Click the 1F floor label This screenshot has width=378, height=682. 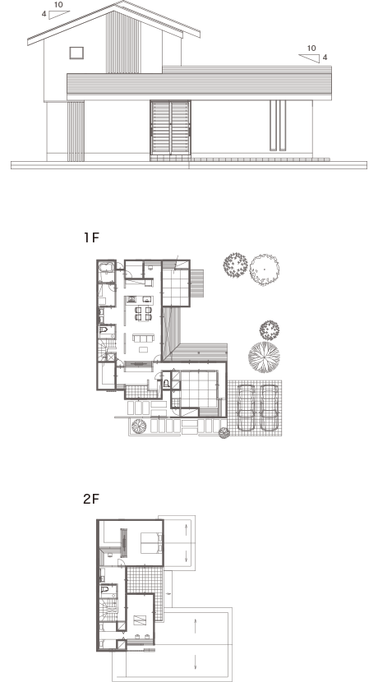91,237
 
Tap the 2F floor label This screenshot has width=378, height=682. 91,499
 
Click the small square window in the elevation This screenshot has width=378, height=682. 76,53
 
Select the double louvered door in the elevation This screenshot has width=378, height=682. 171,128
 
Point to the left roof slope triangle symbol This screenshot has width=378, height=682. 58,15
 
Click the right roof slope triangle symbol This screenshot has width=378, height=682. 309,58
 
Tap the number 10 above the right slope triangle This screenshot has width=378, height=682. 311,48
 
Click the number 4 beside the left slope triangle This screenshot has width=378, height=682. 44,14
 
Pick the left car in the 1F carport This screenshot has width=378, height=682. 247,408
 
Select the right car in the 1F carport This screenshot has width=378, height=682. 269,408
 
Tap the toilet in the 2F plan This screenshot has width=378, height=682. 105,590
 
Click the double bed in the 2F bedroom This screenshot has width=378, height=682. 151,543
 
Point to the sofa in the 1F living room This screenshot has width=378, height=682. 144,338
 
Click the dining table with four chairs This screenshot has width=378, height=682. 144,314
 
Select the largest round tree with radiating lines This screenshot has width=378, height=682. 264,357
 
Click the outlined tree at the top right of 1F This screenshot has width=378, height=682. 265,270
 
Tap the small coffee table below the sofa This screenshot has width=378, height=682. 144,349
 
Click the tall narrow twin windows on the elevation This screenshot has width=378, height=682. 278,126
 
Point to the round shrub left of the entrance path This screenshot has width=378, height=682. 139,426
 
